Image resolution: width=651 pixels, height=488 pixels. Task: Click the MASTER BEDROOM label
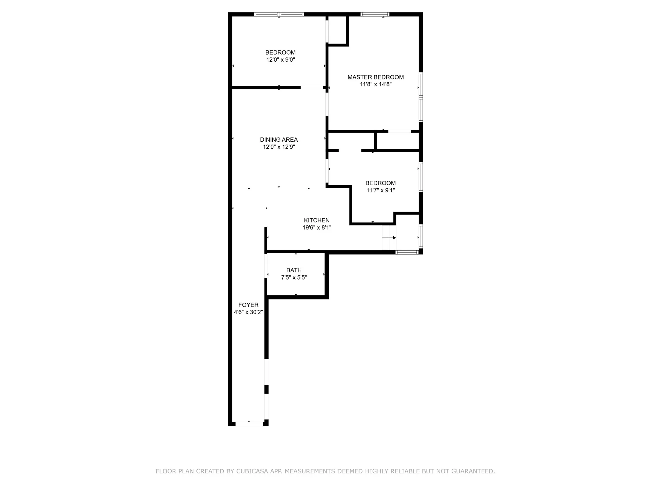click(375, 77)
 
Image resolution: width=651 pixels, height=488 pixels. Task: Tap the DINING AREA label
click(279, 140)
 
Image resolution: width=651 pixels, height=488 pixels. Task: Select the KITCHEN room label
click(317, 220)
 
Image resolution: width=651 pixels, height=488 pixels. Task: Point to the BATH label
click(294, 270)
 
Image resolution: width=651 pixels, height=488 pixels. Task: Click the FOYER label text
click(248, 305)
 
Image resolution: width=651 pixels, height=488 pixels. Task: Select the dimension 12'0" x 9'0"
click(280, 60)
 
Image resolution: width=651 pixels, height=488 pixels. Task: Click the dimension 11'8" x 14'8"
click(375, 85)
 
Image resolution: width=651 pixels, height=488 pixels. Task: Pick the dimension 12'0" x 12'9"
click(279, 147)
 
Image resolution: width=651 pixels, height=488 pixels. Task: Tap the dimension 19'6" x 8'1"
click(317, 228)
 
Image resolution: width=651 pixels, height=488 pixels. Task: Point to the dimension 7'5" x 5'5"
click(294, 278)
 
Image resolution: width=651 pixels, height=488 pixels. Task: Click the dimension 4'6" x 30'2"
click(248, 312)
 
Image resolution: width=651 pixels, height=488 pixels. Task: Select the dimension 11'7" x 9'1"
click(380, 191)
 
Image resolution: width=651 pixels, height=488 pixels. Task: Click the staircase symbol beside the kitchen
click(389, 238)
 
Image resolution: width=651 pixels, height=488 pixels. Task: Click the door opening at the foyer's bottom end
click(249, 424)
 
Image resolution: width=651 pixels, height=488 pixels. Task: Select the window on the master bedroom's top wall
click(375, 14)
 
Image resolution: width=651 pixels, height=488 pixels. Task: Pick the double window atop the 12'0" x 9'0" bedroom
click(279, 14)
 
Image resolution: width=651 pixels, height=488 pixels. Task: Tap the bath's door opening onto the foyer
click(266, 266)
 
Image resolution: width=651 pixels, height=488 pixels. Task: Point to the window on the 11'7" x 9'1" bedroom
click(421, 177)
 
